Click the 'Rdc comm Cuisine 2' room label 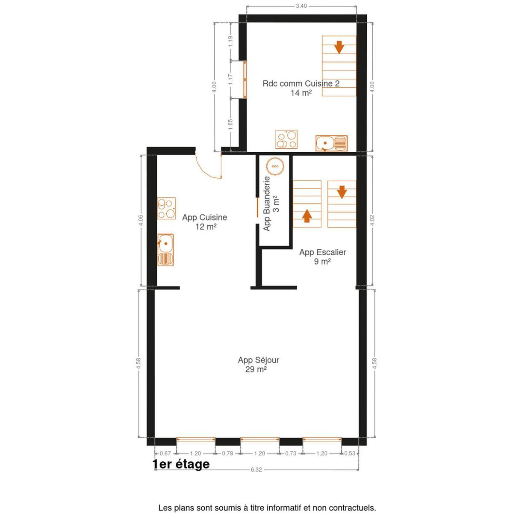301,83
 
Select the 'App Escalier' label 322,252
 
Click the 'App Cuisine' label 204,217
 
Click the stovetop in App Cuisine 166,208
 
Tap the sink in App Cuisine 165,250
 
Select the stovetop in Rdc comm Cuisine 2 286,139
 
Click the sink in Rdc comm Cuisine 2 331,143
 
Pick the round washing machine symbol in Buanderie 275,166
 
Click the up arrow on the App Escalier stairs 307,215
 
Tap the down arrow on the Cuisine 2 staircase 339,47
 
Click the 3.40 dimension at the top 301,6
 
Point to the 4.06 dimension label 141,220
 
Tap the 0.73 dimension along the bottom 290,454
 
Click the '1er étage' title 181,464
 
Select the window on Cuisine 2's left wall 245,80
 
